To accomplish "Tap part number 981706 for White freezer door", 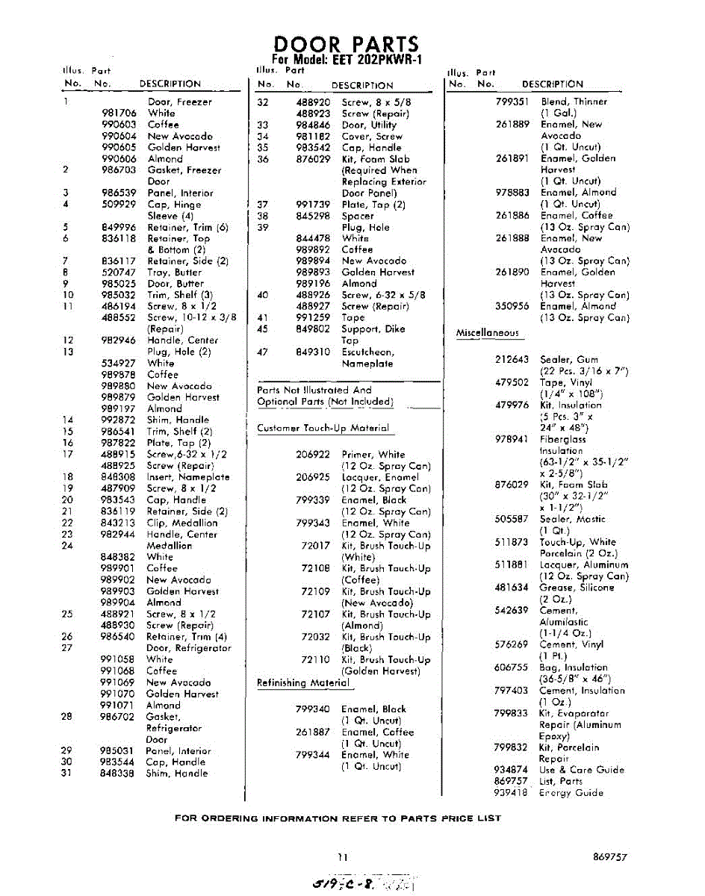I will point(119,113).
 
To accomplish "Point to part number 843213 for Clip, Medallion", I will point(118,523).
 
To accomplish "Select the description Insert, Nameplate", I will point(188,477).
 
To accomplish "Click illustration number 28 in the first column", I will point(66,717).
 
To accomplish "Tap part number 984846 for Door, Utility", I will point(314,125).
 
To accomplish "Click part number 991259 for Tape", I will point(314,317).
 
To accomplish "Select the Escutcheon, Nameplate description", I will point(367,358).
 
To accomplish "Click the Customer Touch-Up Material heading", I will point(323,429).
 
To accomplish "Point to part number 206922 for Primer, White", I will point(313,454).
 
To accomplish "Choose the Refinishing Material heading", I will point(303,683).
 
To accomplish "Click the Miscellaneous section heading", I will point(488,333).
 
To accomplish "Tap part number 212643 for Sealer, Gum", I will point(512,360).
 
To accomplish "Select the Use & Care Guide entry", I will point(582,770).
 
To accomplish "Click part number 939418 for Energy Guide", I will point(512,793).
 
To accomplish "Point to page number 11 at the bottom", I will point(341,858).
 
